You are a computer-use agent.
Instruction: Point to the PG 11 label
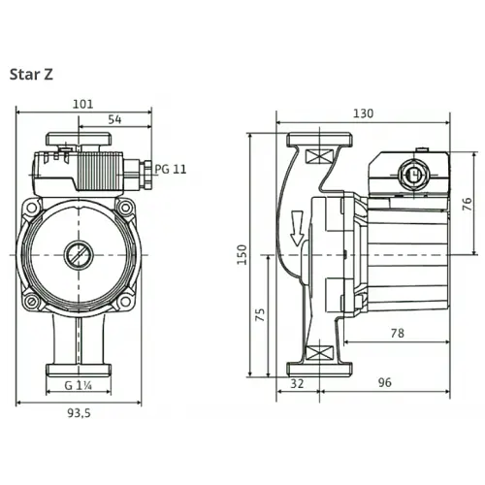point(171,169)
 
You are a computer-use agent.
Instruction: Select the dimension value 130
point(362,113)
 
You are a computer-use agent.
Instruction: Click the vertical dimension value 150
point(242,254)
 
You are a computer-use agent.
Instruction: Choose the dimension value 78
point(397,333)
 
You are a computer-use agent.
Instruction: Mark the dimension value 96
point(384,383)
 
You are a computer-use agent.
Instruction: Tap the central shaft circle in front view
point(78,258)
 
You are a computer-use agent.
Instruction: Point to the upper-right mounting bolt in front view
point(123,208)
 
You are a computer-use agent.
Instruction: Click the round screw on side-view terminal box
point(410,177)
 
